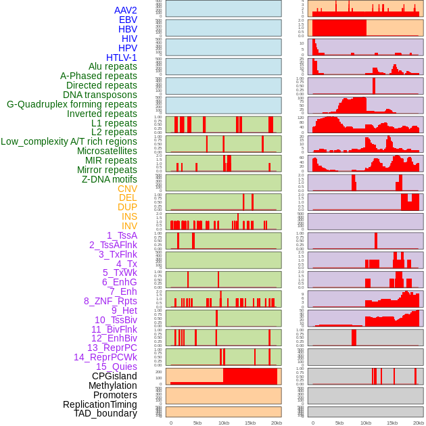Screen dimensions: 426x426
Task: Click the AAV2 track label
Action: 125,10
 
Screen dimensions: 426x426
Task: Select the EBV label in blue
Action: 128,20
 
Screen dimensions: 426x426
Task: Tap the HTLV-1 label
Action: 121,57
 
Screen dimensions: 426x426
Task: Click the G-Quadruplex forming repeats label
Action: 72,104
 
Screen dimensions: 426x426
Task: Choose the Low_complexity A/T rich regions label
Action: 69,141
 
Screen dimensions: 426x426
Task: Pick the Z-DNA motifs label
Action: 109,179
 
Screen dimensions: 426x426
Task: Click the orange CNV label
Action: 127,189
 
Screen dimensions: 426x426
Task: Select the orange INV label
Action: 128,226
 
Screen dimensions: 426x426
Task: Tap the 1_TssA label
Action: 122,235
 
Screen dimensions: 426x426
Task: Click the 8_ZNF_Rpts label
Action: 110,301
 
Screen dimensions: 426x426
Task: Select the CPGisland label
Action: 114,376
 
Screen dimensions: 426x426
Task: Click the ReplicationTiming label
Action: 99,404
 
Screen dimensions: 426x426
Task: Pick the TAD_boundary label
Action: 105,413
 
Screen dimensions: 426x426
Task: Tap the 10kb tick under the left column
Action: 223,423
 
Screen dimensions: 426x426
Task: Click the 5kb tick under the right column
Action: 339,423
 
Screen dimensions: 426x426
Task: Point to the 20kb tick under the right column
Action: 419,423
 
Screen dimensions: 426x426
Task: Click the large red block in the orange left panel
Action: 250,376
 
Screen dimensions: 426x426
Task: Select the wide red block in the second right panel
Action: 339,28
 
